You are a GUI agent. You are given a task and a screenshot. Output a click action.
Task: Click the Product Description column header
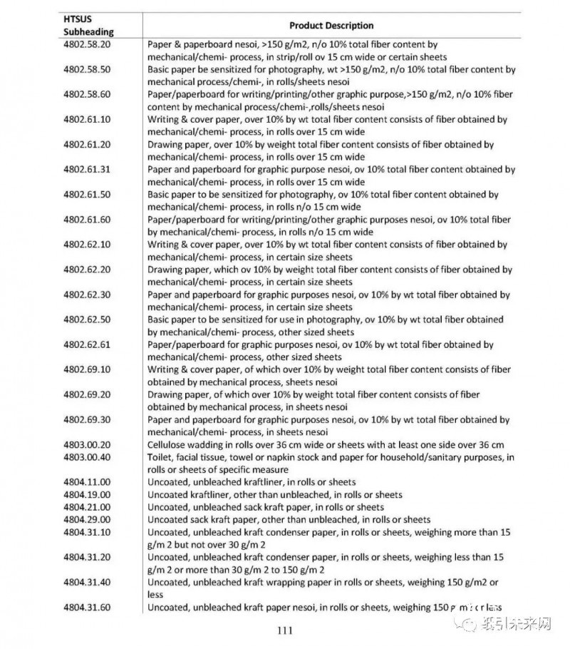[x=331, y=26]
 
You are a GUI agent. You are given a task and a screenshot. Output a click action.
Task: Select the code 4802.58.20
[x=87, y=44]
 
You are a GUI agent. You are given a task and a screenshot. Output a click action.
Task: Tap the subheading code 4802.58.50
[x=87, y=70]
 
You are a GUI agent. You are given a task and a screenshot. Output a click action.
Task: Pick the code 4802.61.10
[x=87, y=119]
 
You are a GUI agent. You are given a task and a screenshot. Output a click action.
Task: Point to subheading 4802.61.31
[x=87, y=170]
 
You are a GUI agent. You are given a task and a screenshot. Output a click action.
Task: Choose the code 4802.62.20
[x=87, y=270]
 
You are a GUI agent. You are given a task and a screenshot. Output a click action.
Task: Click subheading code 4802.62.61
[x=87, y=344]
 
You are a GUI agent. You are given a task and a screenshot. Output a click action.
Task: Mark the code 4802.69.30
[x=87, y=420]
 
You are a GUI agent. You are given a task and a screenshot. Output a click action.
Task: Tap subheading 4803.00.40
[x=87, y=457]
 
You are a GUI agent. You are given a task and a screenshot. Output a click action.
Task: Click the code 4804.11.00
[x=87, y=482]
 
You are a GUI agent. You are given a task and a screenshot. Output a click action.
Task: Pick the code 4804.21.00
[x=87, y=507]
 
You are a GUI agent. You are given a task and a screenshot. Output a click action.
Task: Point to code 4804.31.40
[x=87, y=582]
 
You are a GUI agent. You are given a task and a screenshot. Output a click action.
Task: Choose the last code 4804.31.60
[x=87, y=607]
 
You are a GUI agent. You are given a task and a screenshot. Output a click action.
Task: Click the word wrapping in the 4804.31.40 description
[x=289, y=582]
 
